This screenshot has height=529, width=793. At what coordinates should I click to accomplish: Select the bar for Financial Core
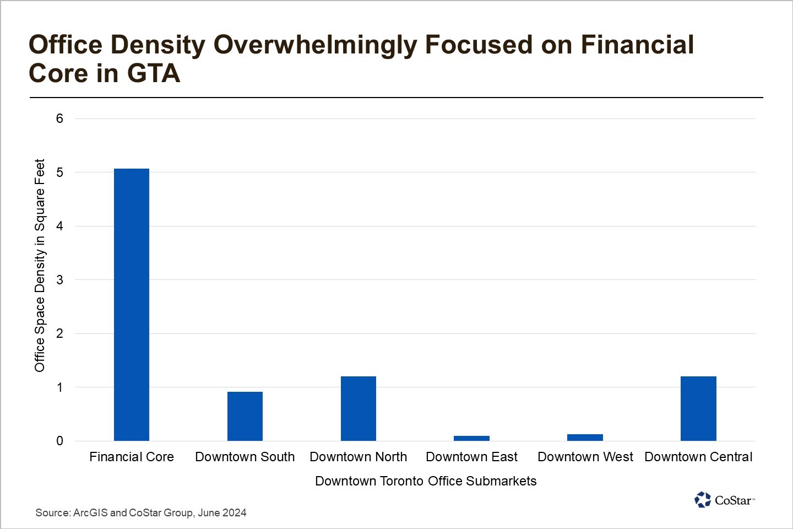point(132,305)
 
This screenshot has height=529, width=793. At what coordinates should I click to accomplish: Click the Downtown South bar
point(245,416)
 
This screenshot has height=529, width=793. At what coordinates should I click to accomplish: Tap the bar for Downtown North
point(359,408)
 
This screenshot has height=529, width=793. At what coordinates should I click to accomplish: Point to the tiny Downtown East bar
point(471,438)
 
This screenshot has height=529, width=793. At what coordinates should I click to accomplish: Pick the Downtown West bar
point(585,438)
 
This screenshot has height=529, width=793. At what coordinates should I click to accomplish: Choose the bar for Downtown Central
point(698,408)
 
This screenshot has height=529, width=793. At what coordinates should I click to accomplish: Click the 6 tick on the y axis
point(59,118)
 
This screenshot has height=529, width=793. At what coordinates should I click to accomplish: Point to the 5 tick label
point(59,172)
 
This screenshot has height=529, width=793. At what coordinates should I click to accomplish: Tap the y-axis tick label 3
point(59,280)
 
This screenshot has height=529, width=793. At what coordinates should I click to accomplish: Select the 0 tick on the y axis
point(59,441)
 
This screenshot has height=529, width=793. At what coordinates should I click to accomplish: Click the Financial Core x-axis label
point(132,457)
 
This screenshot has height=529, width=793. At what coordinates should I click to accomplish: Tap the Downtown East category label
point(471,457)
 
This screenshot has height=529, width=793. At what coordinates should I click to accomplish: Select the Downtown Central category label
point(698,457)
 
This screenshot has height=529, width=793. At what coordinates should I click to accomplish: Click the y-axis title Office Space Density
point(40,266)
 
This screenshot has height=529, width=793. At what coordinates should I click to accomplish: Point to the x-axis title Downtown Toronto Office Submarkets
point(426,481)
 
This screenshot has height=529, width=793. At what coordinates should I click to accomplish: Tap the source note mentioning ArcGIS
point(141,512)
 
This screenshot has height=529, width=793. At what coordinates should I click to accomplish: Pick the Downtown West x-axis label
point(585,457)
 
